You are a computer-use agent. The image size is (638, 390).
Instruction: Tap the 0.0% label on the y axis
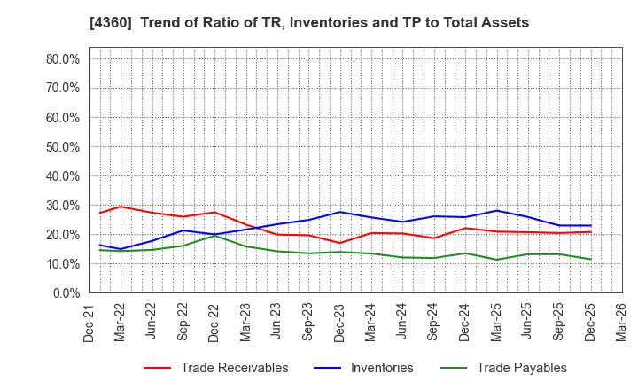(65, 293)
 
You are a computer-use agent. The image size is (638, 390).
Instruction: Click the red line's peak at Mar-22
(121, 207)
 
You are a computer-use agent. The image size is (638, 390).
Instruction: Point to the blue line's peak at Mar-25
(497, 210)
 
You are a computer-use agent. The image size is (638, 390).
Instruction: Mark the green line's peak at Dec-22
(214, 235)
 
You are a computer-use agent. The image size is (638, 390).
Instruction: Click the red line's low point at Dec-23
(340, 243)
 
